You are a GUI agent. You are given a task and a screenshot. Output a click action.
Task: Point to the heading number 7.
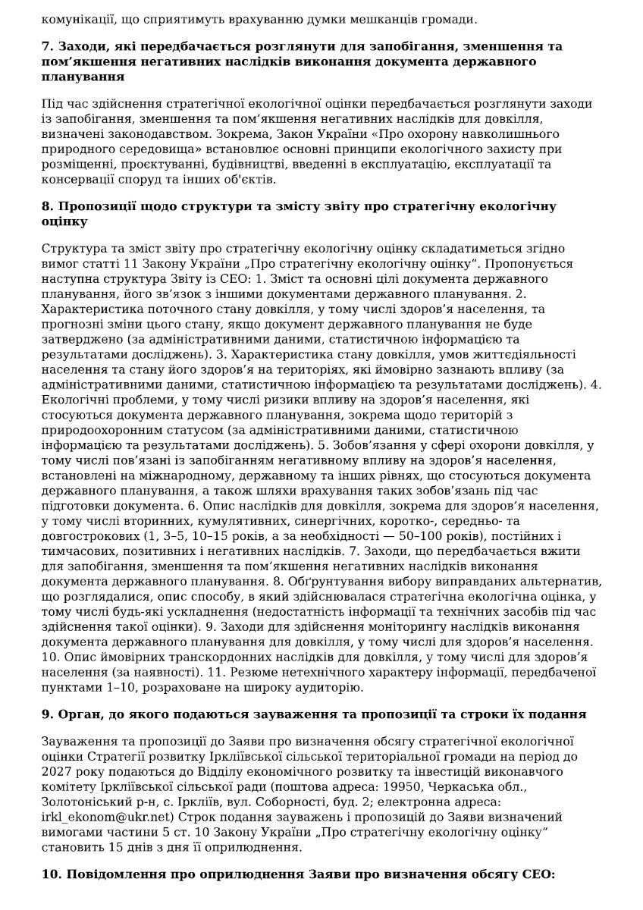46,47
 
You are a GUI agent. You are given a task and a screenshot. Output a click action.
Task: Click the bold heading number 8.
46,207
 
